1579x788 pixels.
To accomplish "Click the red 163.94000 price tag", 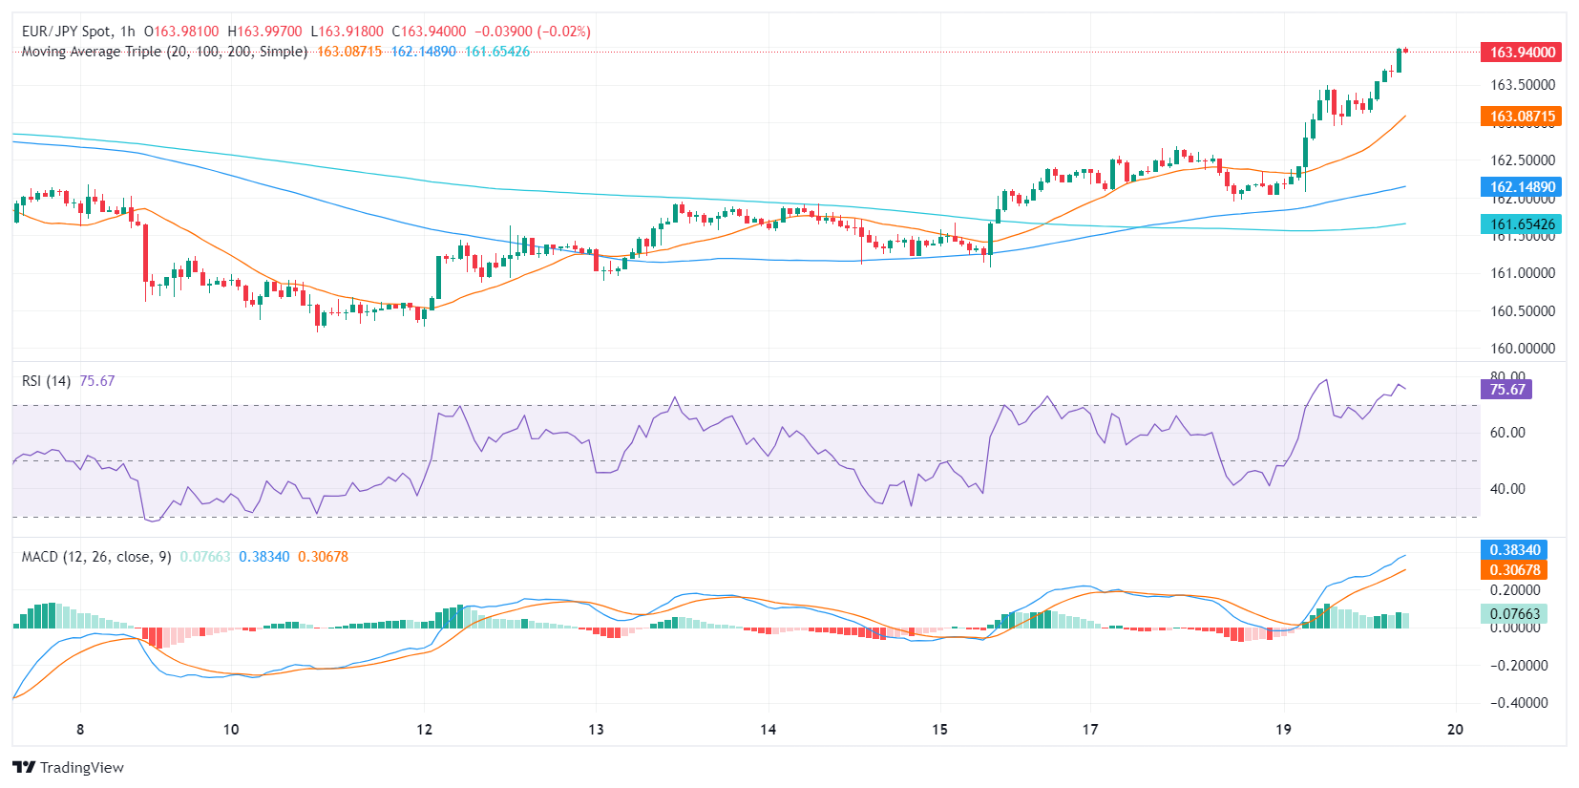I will [x=1521, y=53].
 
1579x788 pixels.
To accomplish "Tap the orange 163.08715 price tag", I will [x=1521, y=117].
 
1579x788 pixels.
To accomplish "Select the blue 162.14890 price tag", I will [x=1521, y=187].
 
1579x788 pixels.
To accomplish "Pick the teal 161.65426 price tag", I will [x=1521, y=224].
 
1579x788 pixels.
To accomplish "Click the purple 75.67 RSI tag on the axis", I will [x=1506, y=390].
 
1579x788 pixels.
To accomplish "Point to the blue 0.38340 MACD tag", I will [x=1514, y=550].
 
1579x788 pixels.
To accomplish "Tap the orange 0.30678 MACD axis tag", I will [x=1514, y=570].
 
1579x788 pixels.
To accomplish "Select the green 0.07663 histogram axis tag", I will [x=1514, y=614].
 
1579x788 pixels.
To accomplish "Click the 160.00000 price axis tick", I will [x=1523, y=349].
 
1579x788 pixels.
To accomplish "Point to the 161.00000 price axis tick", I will [x=1523, y=273].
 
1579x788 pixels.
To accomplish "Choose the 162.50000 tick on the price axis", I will [x=1523, y=160].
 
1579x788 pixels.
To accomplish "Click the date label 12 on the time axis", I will [x=424, y=730].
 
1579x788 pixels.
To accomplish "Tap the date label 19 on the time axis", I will [x=1283, y=730].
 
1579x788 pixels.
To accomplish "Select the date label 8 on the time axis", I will [x=80, y=730].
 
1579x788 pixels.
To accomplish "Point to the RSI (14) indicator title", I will [x=46, y=381].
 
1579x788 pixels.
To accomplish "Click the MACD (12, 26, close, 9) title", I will [x=96, y=557].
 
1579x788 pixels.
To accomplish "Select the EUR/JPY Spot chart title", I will [x=66, y=32].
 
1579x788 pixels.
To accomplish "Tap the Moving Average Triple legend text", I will [x=164, y=52].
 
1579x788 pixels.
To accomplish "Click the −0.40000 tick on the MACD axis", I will [x=1519, y=703].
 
